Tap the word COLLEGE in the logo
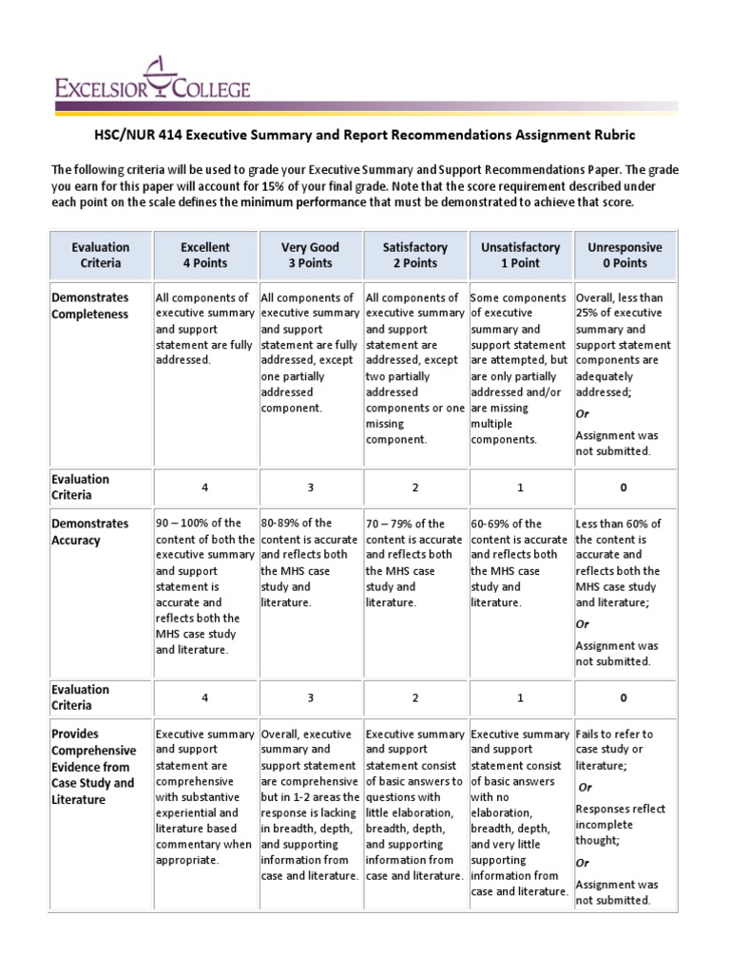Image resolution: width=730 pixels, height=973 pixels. [210, 90]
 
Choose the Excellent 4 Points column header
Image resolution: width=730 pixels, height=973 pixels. [205, 255]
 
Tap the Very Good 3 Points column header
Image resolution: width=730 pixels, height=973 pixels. [310, 255]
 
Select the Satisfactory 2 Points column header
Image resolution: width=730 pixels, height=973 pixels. [414, 255]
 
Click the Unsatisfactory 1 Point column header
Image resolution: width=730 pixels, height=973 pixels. [520, 255]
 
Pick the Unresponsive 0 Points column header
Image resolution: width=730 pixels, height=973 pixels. [624, 255]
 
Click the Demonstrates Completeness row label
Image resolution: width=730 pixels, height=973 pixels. [89, 306]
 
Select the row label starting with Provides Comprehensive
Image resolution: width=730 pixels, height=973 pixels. [93, 766]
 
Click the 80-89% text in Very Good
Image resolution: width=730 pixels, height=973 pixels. [280, 524]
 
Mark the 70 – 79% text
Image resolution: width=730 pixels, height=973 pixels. [393, 524]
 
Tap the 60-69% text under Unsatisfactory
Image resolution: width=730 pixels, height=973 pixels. [491, 524]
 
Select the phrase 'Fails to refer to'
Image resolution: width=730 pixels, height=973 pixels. [615, 734]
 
